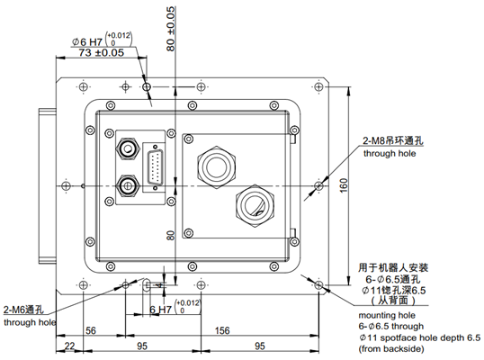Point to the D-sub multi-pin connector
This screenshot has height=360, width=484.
pos(156,171)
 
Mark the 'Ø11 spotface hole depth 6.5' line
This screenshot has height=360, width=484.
pos(419,337)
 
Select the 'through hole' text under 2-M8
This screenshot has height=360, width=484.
pos(389,154)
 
